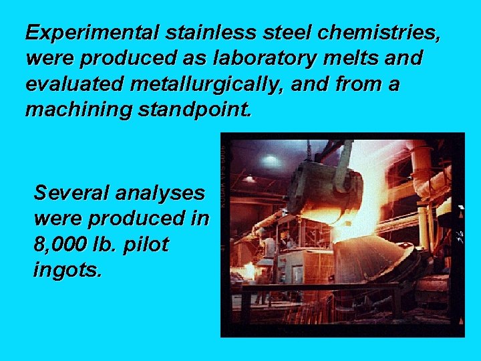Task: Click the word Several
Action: [71, 193]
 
